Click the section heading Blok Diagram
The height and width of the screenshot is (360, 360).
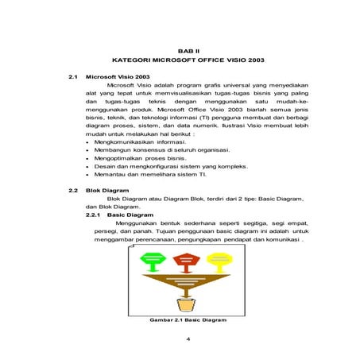tap(106, 192)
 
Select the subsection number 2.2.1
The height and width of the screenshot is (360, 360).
tap(94, 215)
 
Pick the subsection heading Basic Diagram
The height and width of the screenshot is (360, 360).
tap(130, 215)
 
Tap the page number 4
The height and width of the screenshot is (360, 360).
tap(188, 340)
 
